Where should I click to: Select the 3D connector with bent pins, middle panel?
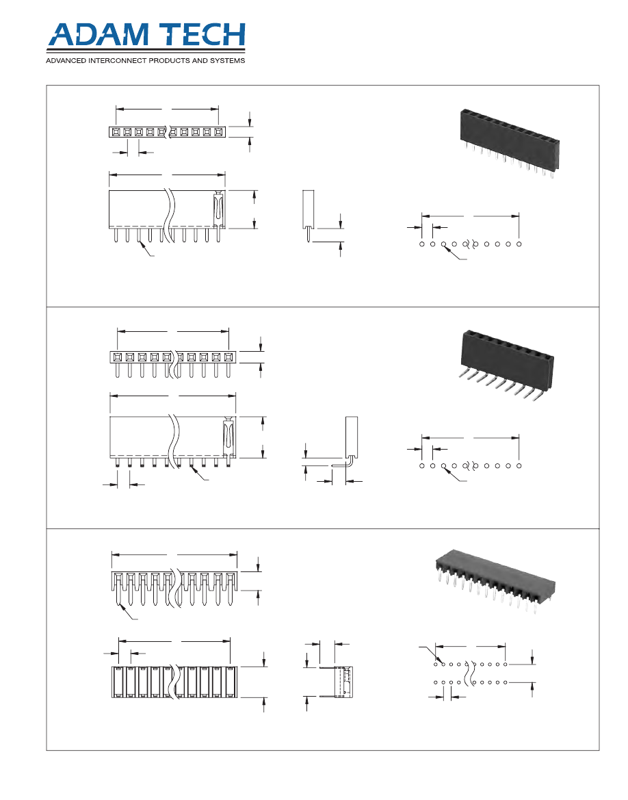506,363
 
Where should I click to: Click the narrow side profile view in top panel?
308,212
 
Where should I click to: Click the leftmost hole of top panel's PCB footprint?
422,244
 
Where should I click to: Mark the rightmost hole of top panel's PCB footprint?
519,244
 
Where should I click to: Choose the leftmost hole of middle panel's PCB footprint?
422,465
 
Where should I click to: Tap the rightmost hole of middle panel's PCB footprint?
519,465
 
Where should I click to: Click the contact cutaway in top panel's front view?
218,209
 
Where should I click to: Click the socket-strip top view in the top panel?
166,131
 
